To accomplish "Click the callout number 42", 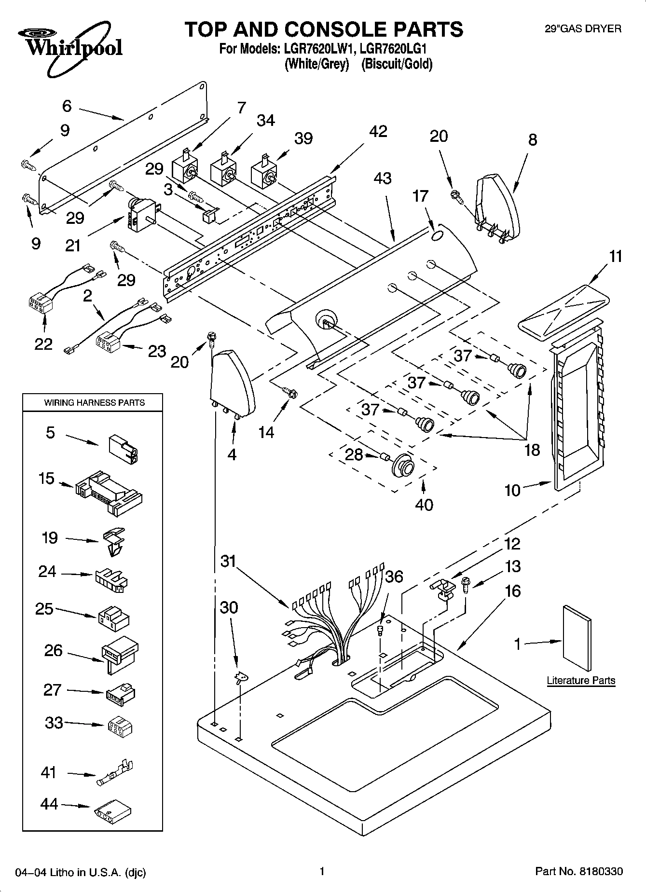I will click(x=378, y=131).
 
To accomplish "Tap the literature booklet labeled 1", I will click(x=577, y=638).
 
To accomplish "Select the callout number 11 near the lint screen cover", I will click(x=616, y=256).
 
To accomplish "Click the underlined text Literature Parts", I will click(x=581, y=680).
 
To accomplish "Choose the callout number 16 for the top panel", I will click(x=513, y=591).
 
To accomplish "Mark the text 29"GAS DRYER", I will click(x=583, y=29).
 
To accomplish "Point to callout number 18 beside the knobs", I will click(x=532, y=450).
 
